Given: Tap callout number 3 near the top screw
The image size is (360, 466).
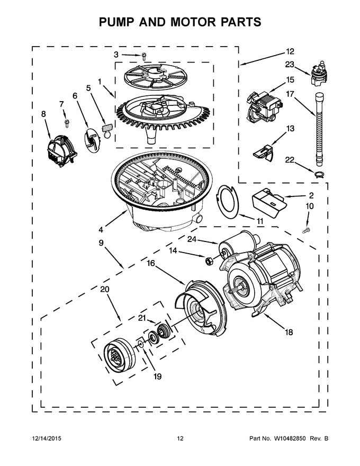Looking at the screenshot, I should [116, 54].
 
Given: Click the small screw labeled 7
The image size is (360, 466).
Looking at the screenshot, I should [67, 123].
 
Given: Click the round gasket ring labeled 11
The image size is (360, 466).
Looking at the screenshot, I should [228, 201].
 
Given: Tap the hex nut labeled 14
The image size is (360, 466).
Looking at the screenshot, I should [209, 260].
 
